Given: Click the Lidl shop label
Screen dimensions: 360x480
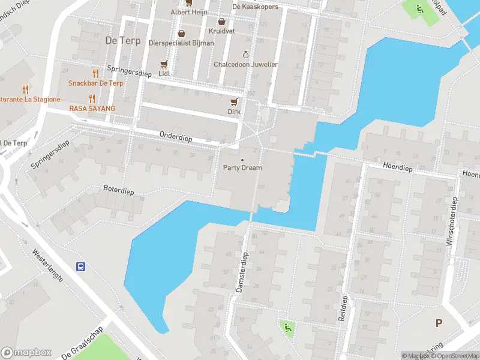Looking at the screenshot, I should [x=164, y=73].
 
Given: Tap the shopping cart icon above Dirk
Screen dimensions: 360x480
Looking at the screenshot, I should [x=234, y=101].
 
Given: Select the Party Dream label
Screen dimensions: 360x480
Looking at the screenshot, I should [x=242, y=168].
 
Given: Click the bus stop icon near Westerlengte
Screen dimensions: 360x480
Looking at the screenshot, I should [x=80, y=266].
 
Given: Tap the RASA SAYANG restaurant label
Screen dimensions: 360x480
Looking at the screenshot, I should [x=92, y=108].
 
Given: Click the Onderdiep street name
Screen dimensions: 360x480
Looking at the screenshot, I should [x=176, y=137].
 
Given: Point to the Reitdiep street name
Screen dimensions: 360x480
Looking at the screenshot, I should [x=343, y=308].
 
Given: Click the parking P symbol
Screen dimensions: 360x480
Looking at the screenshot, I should [x=439, y=323].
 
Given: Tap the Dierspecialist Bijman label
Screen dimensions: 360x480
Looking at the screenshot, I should [x=181, y=43].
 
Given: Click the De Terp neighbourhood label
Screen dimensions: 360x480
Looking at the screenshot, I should [x=118, y=41].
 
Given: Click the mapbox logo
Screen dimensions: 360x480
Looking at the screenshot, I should [x=26, y=352].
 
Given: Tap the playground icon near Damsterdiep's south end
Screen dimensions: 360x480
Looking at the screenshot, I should [x=287, y=327].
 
